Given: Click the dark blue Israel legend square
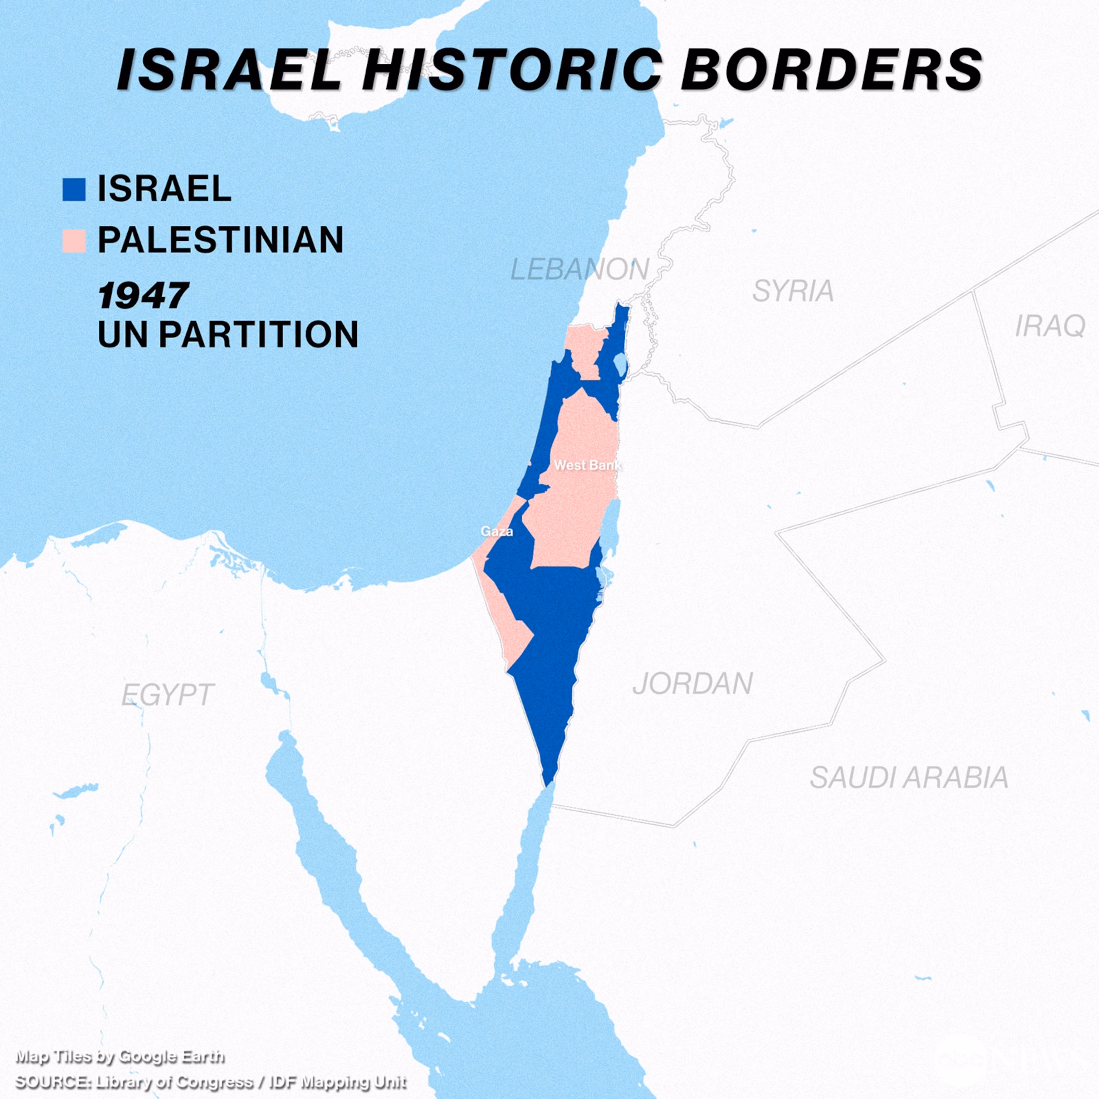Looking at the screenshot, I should (x=74, y=189).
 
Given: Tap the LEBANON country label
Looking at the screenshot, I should (x=579, y=269).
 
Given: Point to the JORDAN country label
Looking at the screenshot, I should (x=692, y=683).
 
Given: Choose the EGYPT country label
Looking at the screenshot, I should (x=167, y=694).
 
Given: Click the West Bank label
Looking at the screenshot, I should (x=587, y=465).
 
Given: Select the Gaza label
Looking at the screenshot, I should (x=497, y=531).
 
